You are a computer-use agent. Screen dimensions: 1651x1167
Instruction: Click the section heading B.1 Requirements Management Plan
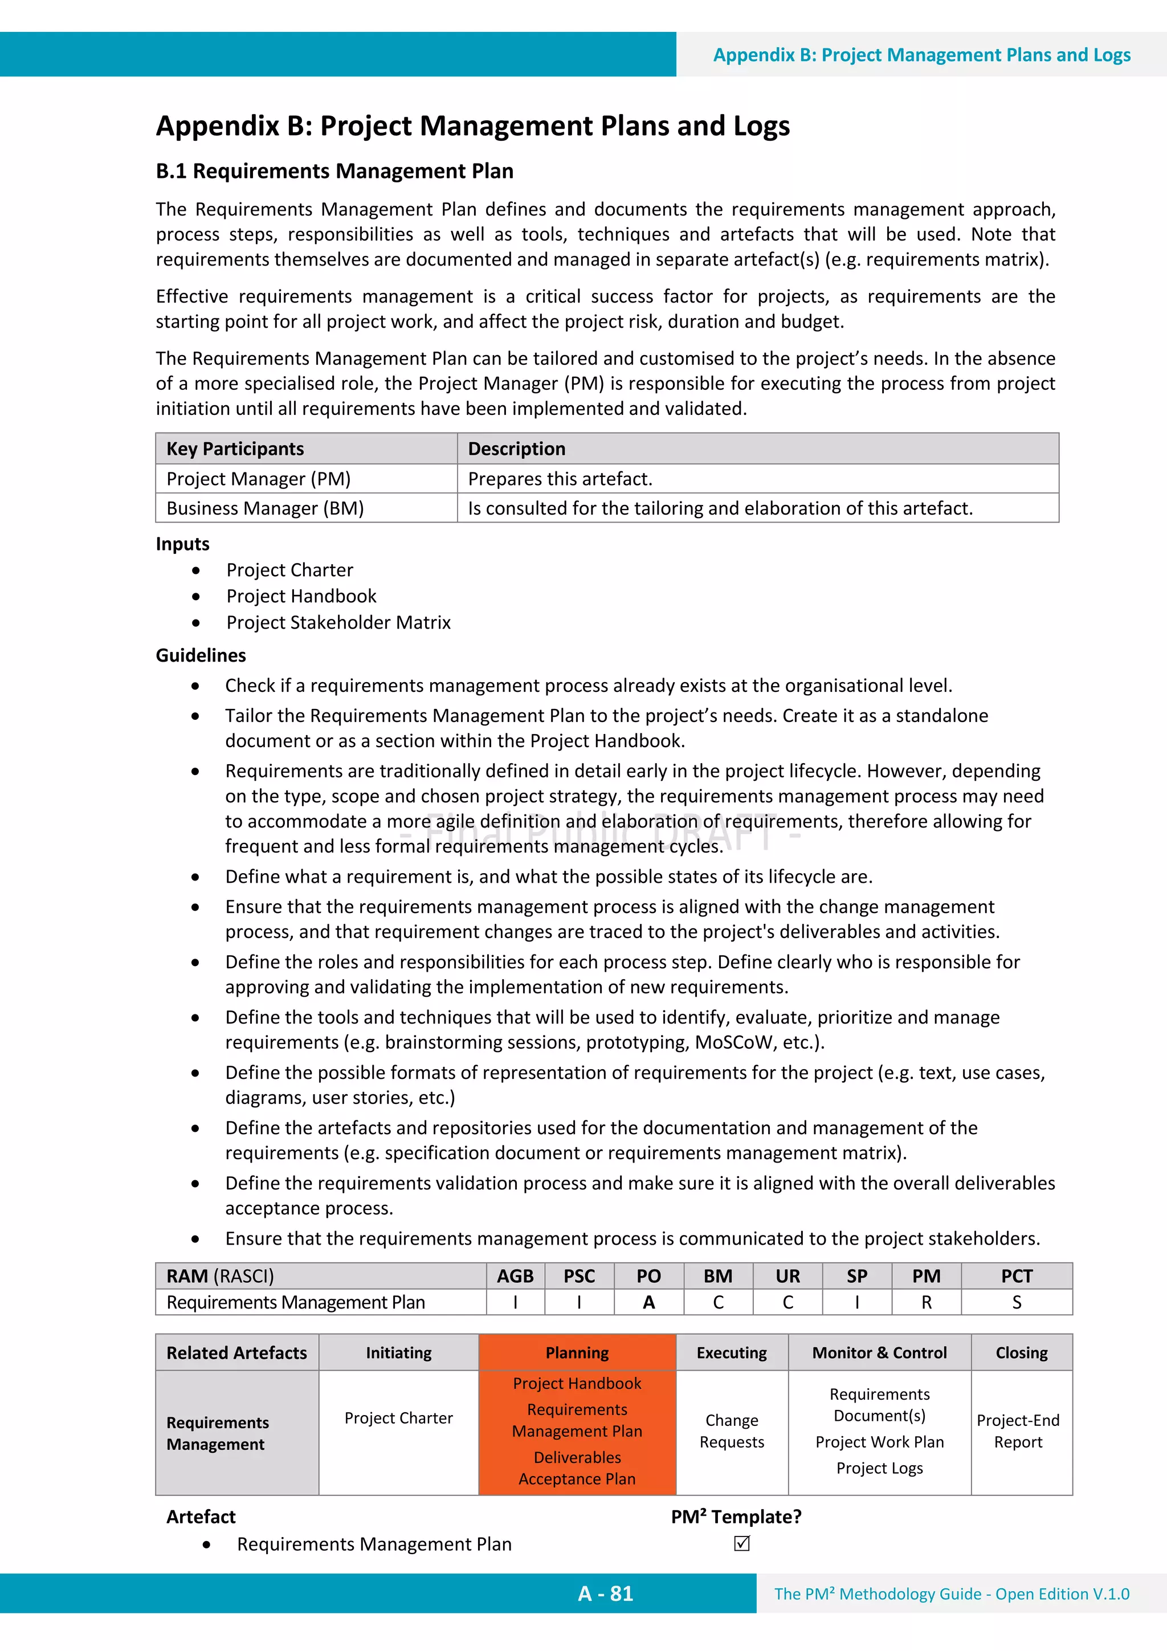point(334,171)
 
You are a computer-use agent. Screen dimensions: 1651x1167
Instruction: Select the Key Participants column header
point(235,449)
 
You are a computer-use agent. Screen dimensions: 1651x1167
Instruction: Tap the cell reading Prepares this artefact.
point(560,479)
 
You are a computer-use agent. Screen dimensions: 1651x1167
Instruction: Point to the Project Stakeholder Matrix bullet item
point(338,623)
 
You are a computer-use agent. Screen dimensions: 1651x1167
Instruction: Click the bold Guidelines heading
point(201,655)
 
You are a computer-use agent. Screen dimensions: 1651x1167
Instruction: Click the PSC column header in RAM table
point(579,1277)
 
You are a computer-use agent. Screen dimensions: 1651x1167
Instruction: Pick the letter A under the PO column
point(648,1303)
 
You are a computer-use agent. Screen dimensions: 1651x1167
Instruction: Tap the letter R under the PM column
point(926,1303)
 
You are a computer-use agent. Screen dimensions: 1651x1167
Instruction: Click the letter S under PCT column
point(1017,1303)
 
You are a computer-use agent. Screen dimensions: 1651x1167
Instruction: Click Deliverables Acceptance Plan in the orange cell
point(577,1469)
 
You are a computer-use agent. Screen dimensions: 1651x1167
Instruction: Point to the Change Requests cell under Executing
point(731,1432)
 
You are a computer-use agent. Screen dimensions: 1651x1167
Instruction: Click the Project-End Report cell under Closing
point(1018,1432)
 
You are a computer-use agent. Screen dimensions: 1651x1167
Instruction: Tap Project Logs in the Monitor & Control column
point(879,1469)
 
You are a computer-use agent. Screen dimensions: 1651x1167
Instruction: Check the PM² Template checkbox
point(742,1544)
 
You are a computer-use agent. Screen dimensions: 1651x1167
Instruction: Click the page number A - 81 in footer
point(605,1594)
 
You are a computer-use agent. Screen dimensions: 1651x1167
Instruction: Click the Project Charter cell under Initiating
point(398,1418)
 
